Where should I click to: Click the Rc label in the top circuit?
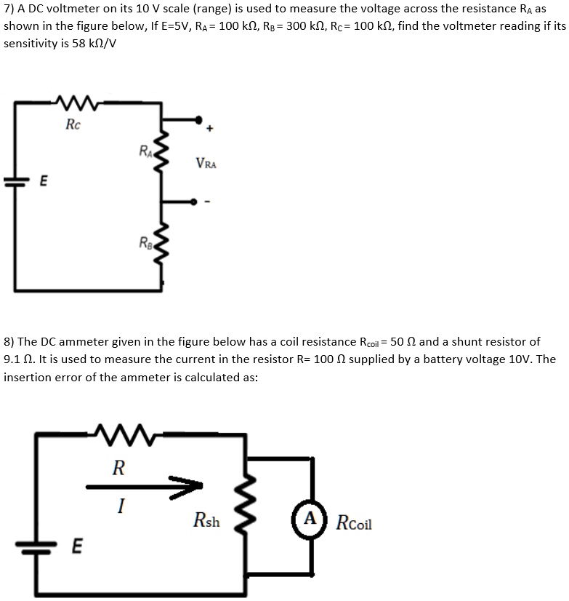coord(73,124)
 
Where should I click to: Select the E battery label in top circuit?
coord(44,186)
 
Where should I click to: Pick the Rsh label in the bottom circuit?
coord(206,521)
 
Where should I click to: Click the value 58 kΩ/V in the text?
coord(91,43)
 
